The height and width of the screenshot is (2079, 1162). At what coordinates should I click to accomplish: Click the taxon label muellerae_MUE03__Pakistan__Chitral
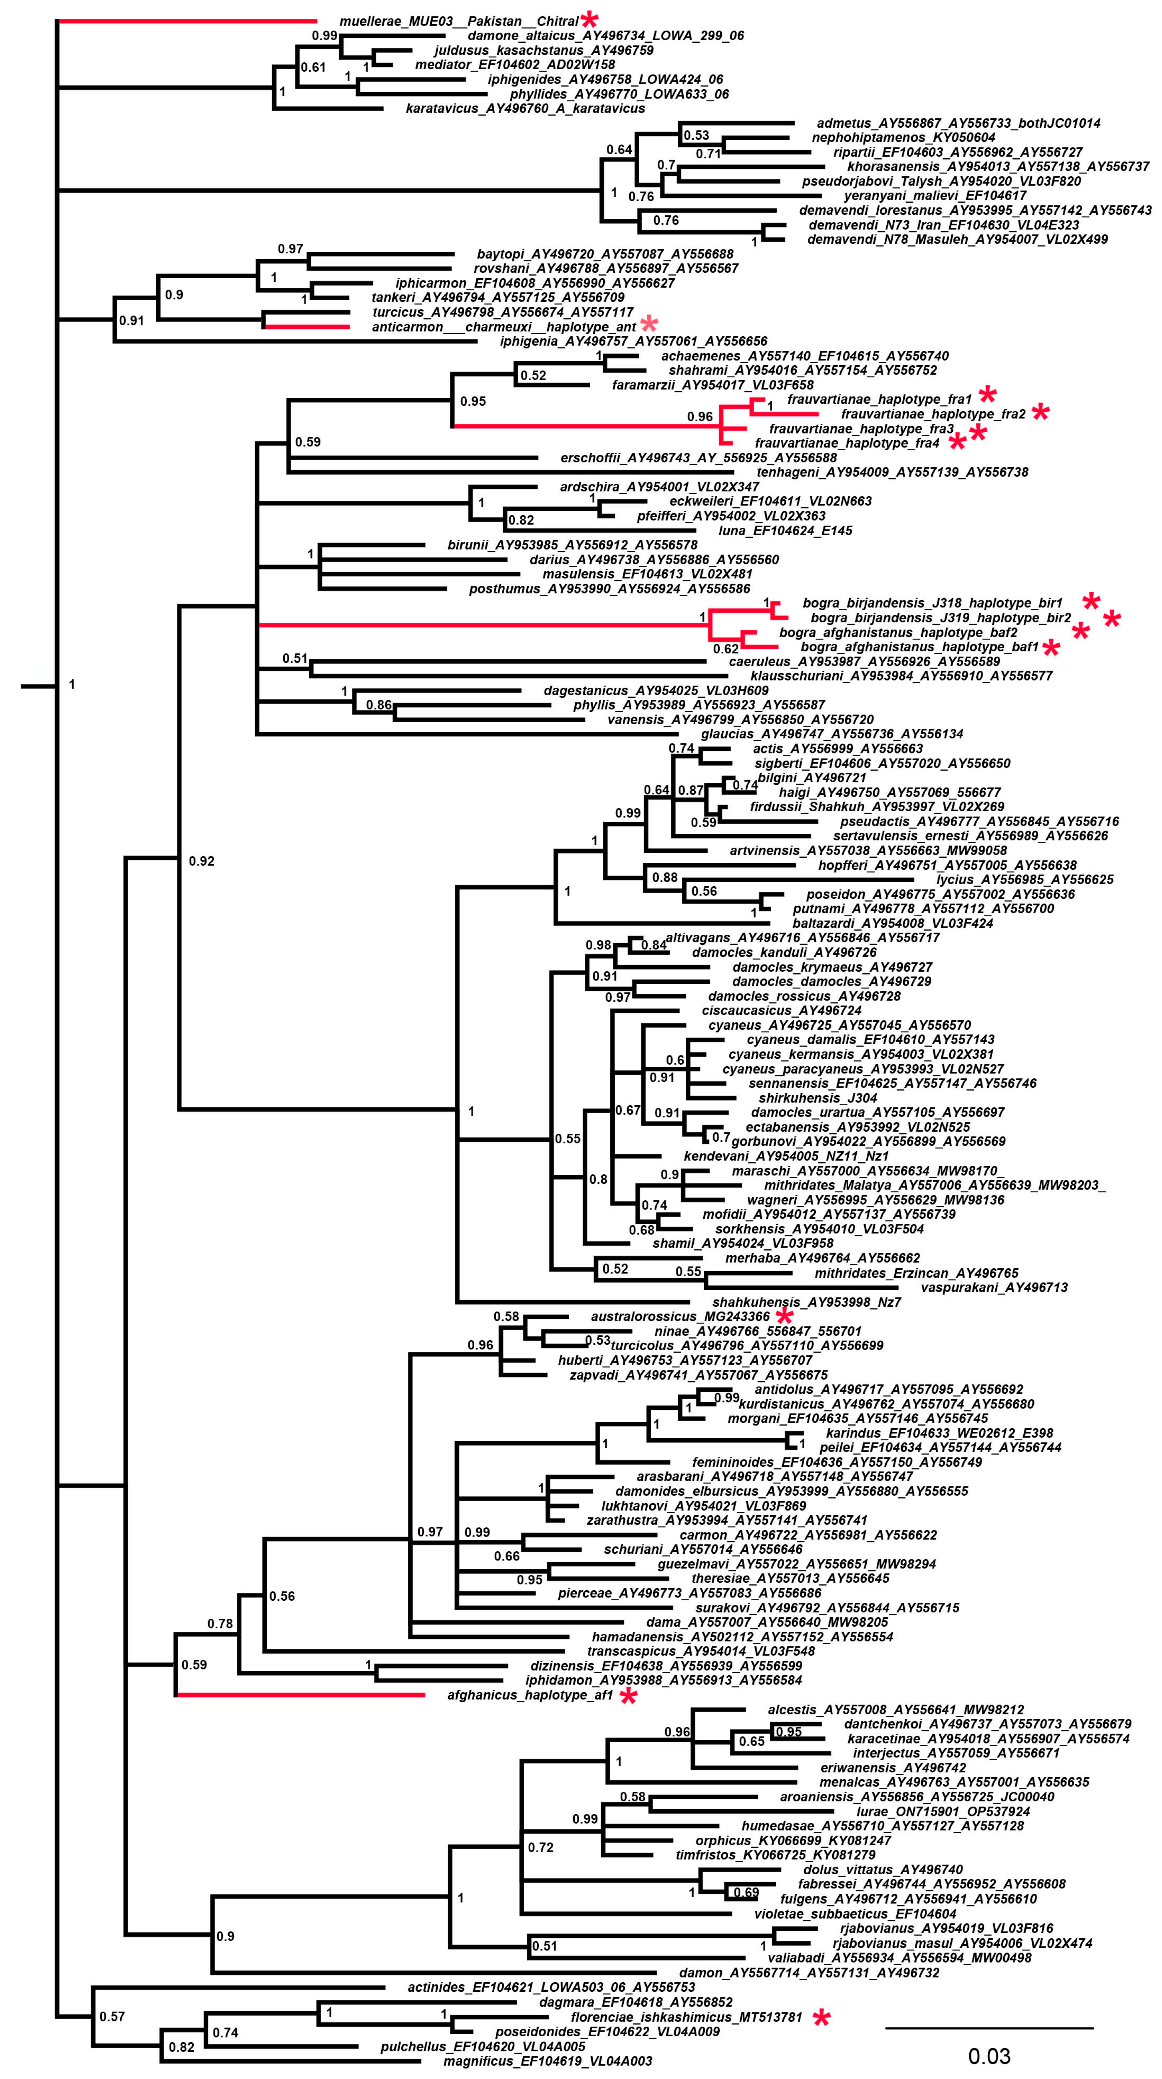coord(458,21)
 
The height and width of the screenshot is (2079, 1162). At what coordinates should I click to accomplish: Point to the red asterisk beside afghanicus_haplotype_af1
coord(629,1697)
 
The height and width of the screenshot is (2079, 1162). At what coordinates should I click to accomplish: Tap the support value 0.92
coord(202,861)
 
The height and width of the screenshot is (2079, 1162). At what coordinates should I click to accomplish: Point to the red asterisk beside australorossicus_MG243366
coord(784,1316)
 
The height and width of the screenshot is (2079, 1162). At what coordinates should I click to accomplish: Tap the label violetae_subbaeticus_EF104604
coord(855,1914)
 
